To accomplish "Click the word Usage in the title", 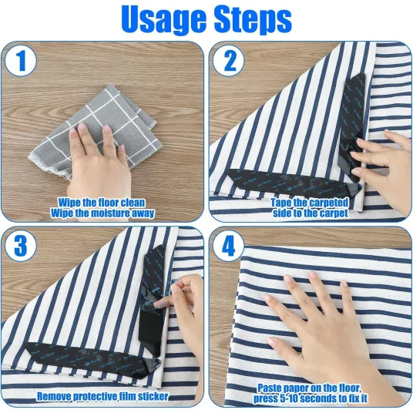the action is pos(163,20).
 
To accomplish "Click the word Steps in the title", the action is pos(253,20).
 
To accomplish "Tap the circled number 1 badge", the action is pos(21,60).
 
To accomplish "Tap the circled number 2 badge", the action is pos(229,60).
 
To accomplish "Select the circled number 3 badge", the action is pos(21,246).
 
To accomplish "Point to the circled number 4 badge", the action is pos(229,246).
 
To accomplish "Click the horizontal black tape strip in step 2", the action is pos(292,183).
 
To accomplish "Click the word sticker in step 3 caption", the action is pos(156,396).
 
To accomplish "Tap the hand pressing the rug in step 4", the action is pos(327,327).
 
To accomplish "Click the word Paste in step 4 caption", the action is pos(270,388).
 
